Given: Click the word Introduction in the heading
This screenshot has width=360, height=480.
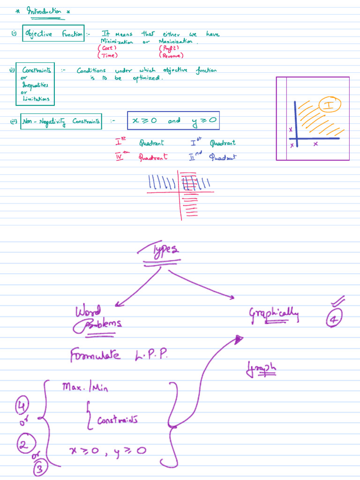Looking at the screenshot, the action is (44, 11).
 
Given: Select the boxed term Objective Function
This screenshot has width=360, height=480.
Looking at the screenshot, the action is (53, 34).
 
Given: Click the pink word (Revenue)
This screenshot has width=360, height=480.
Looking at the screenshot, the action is (172, 56).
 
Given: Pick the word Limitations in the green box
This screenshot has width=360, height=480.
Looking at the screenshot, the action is (36, 99).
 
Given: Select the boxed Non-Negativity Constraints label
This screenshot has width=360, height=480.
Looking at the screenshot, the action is (61, 122).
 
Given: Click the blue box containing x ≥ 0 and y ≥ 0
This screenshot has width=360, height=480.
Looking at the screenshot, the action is (173, 120).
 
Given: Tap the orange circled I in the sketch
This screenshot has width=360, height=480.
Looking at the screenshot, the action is (330, 105).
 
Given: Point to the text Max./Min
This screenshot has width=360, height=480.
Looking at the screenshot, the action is (84, 388).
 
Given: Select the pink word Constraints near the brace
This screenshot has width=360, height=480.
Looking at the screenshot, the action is (117, 420).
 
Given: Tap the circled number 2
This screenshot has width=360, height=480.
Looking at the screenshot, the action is (23, 444).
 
